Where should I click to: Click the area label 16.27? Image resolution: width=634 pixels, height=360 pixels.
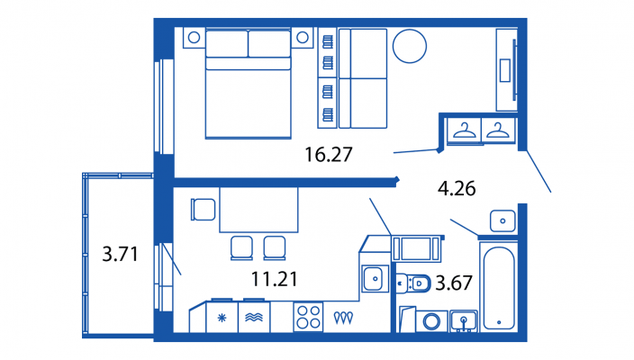coord(327,154)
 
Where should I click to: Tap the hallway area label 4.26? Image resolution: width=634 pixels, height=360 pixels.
coord(456,189)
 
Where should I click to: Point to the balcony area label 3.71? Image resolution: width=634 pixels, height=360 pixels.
coord(120,255)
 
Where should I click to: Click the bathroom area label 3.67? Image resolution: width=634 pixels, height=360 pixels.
coord(454,283)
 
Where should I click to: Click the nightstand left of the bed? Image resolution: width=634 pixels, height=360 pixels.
coord(194,38)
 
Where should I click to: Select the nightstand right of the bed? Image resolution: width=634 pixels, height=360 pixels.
coord(303,38)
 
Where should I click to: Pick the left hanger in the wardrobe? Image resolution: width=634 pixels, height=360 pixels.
coord(463,130)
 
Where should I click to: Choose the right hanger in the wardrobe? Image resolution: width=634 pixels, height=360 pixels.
coord(497,130)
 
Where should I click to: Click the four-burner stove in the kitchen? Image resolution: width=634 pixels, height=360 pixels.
coord(309,318)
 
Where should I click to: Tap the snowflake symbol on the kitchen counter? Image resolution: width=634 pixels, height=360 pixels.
coord(222,318)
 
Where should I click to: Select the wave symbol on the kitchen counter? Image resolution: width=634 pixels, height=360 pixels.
coord(253,318)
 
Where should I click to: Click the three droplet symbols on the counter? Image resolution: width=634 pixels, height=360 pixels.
coord(343,318)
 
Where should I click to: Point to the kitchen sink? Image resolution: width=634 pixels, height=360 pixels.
coord(373,279)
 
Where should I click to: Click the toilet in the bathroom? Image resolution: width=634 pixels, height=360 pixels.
coord(413,283)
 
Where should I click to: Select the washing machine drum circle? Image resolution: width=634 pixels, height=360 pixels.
coord(431,320)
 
